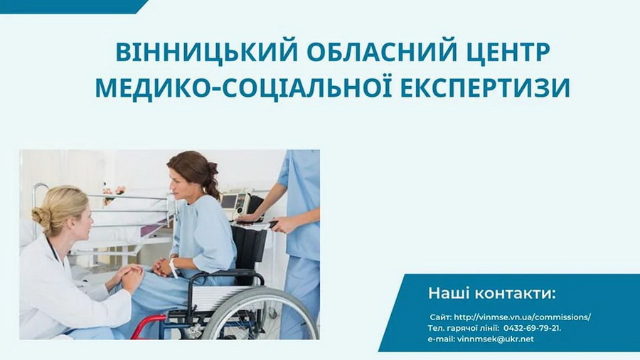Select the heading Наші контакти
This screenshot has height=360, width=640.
[492, 293]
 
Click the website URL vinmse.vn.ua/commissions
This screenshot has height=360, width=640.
[522, 317]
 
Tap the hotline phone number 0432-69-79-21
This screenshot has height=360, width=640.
[532, 328]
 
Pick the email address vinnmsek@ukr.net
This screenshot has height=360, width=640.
[496, 339]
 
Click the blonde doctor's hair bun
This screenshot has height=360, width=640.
[40, 217]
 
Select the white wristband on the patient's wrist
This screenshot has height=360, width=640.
[174, 268]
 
